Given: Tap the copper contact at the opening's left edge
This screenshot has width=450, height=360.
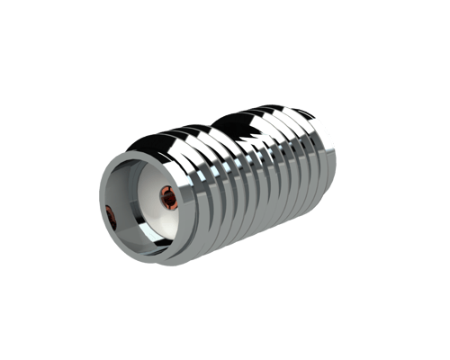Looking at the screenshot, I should [x=109, y=214].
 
